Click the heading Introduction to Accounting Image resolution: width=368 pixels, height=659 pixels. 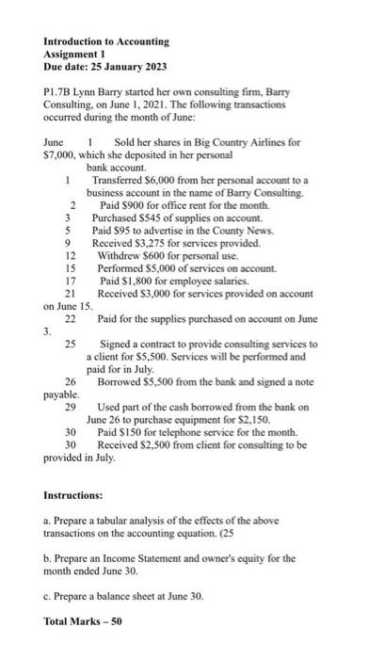[106, 41]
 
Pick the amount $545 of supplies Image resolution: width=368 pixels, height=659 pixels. [147, 217]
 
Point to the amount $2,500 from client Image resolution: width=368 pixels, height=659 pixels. [153, 444]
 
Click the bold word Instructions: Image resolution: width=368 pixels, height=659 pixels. [72, 494]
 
